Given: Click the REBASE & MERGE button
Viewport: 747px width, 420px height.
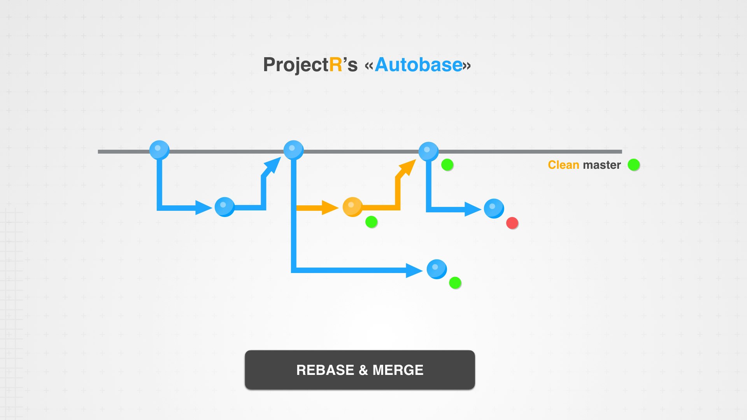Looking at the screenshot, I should [x=359, y=370].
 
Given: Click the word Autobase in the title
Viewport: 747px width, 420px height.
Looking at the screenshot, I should [x=419, y=65].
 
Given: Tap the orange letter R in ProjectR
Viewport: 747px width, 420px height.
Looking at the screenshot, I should [x=335, y=65].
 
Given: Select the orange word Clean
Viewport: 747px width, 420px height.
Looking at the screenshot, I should [x=563, y=165].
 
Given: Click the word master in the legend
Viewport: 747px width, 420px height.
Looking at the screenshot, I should [x=601, y=165].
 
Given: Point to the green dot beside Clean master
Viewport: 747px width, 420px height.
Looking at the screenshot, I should [x=634, y=165].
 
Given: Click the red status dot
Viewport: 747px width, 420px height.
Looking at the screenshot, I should [x=512, y=223].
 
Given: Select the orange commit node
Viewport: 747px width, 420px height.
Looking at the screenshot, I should [x=352, y=207].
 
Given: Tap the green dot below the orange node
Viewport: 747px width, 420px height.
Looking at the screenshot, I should [x=372, y=222].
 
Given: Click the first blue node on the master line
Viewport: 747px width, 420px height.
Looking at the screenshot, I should [x=159, y=150].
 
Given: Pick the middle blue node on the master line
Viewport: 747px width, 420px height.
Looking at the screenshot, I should [x=293, y=150].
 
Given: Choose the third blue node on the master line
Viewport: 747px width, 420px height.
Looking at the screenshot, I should [x=428, y=151].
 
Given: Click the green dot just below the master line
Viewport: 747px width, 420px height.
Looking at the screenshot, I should [x=447, y=165].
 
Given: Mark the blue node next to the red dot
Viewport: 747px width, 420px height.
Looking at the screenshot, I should [x=494, y=208].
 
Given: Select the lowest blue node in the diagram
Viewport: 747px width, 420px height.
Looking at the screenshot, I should [x=437, y=269].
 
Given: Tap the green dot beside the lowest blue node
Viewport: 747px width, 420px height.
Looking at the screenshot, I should [x=455, y=283].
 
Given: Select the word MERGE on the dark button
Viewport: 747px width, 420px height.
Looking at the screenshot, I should [x=398, y=370].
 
